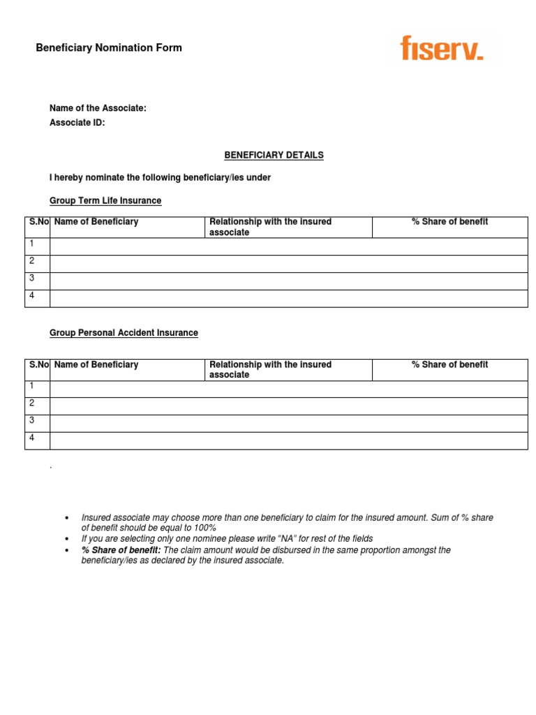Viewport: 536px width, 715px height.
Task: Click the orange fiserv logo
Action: (x=441, y=48)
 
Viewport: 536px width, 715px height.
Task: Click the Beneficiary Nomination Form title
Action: (x=109, y=48)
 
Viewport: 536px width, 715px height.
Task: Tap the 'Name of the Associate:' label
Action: (x=98, y=108)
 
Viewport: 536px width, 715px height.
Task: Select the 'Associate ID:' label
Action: (x=77, y=123)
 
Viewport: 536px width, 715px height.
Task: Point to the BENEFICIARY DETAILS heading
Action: (x=274, y=155)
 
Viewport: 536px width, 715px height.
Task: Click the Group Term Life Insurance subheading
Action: (x=105, y=200)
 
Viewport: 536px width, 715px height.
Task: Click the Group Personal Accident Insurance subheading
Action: (x=124, y=333)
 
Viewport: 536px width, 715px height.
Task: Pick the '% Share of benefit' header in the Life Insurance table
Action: (x=449, y=222)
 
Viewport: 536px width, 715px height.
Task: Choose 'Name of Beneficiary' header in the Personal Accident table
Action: (x=96, y=364)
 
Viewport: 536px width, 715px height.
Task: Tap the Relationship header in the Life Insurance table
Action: (x=270, y=227)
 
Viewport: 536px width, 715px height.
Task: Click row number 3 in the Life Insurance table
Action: (x=31, y=278)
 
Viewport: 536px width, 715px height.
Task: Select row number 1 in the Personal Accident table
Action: (x=31, y=386)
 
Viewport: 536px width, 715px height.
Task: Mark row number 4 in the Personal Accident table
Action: (x=31, y=438)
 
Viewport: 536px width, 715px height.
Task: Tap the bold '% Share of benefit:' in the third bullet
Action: (x=121, y=550)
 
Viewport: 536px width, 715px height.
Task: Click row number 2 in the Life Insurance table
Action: (x=31, y=260)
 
